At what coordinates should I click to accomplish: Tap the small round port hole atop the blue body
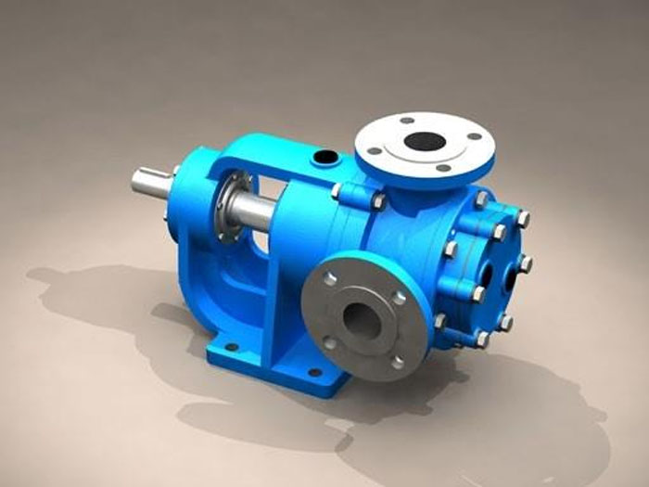pyautogui.click(x=325, y=159)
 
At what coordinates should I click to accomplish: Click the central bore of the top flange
pyautogui.click(x=426, y=142)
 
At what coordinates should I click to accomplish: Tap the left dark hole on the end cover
pyautogui.click(x=486, y=265)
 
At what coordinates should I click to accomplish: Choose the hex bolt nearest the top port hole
pyautogui.click(x=337, y=190)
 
